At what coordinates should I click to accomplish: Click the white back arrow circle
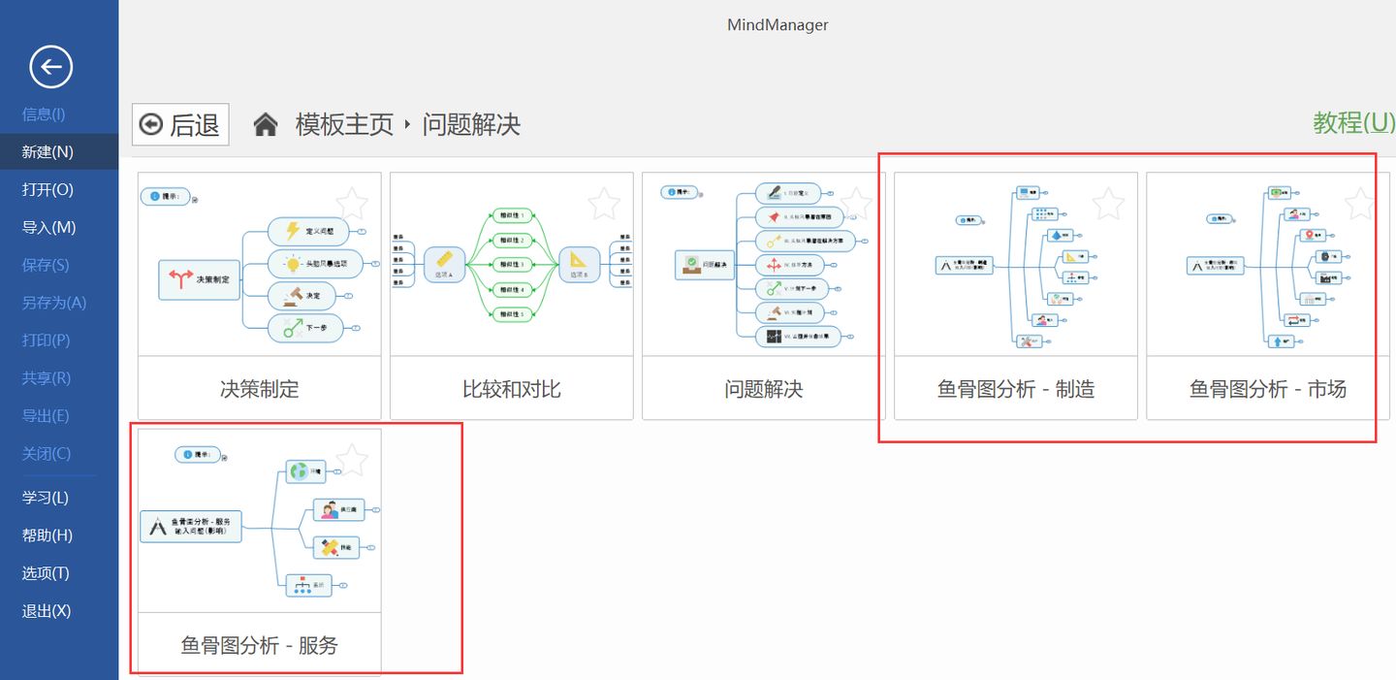tap(50, 67)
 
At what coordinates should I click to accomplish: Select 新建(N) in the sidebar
tap(48, 151)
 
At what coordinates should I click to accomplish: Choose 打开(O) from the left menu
tap(48, 189)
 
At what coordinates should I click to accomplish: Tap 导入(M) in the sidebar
tap(48, 227)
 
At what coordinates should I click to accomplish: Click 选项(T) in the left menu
tap(46, 573)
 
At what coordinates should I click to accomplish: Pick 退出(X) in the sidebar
tap(47, 611)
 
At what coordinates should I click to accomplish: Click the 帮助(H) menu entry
tap(48, 535)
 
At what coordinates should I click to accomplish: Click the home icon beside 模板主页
tap(266, 124)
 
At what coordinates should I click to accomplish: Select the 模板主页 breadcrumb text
tap(344, 124)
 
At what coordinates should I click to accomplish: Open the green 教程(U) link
tap(1353, 122)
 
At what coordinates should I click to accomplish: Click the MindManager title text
tap(777, 24)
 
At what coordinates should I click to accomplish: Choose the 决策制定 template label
tap(260, 389)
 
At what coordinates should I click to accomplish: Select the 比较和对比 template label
tap(512, 389)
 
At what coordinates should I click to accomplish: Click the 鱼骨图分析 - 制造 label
tap(1016, 389)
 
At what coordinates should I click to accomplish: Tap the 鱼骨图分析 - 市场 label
tap(1268, 389)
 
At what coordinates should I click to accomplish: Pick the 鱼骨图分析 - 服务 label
tap(260, 645)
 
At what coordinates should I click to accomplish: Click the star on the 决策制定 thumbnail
tap(352, 204)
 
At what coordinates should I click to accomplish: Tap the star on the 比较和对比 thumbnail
tap(604, 204)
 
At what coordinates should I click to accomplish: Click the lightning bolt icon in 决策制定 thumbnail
tap(292, 231)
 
